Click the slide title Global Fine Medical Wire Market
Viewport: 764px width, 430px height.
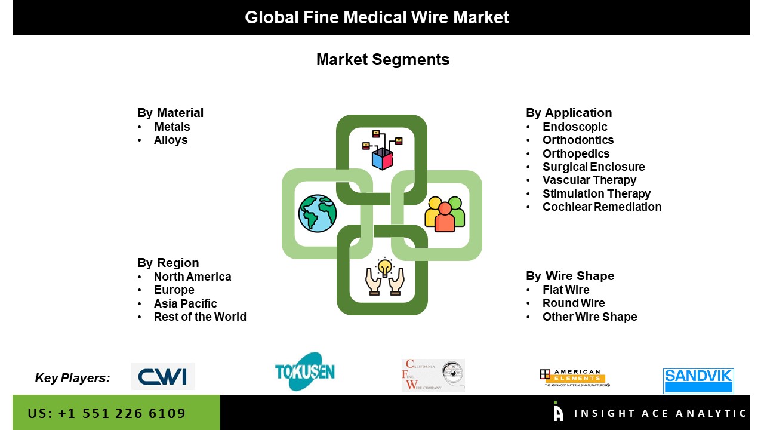pos(377,17)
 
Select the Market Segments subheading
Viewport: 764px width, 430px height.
pos(383,60)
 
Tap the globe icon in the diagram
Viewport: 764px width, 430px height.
pos(318,213)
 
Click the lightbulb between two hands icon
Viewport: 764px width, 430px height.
pos(385,277)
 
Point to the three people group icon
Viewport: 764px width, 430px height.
pos(445,214)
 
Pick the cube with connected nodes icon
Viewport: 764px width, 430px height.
pos(383,149)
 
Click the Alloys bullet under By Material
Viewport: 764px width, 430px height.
pos(171,140)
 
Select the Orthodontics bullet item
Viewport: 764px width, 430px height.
pos(578,140)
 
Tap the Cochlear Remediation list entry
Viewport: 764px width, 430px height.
pos(602,207)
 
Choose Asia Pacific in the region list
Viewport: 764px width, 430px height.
pos(185,304)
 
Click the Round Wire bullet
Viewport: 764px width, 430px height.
pos(574,303)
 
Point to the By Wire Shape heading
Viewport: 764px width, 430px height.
pos(570,276)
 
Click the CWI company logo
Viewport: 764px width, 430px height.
pos(162,376)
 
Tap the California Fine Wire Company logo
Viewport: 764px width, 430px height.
pos(433,376)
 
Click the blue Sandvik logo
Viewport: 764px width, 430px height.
pos(698,380)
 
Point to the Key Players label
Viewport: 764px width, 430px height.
pos(72,378)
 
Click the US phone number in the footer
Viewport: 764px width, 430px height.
pos(107,413)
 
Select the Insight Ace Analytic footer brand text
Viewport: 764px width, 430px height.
pos(660,413)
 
